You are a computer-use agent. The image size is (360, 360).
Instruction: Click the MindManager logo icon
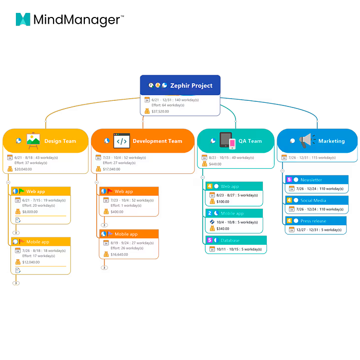tap(23, 20)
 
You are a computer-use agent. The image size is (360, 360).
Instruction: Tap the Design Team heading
tap(60, 141)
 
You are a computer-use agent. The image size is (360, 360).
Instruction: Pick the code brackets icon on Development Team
tap(121, 140)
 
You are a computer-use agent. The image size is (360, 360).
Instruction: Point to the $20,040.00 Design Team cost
tap(24, 169)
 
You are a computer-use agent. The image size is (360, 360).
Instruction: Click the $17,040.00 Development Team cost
tap(112, 169)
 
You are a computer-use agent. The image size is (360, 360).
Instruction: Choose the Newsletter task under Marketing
tap(311, 180)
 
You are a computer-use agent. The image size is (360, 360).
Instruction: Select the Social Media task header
tap(314, 200)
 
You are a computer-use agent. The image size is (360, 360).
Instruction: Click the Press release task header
tap(313, 221)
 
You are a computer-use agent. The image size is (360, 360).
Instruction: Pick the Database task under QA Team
tap(230, 240)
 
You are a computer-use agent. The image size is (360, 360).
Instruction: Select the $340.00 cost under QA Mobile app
tap(223, 228)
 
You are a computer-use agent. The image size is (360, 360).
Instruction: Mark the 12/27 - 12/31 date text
tap(307, 230)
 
